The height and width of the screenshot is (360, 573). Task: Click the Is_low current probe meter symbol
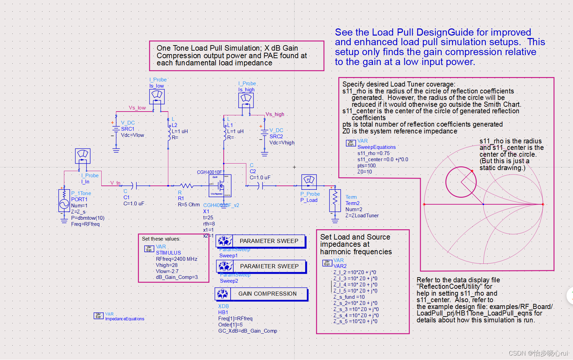tap(157, 97)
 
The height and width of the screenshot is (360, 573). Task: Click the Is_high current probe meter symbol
tap(246, 100)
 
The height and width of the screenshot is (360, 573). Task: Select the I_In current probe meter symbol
tap(83, 156)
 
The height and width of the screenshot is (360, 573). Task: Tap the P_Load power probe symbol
tap(309, 182)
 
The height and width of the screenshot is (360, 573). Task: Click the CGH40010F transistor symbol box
tap(220, 186)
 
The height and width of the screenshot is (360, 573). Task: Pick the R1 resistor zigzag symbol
tap(186, 186)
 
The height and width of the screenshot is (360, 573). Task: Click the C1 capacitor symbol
tap(134, 186)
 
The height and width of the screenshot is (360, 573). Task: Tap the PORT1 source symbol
tap(64, 202)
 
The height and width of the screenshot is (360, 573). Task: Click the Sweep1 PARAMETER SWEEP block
tap(261, 241)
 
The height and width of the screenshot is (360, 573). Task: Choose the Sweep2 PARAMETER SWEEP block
tap(261, 266)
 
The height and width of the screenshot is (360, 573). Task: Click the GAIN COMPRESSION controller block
tap(261, 294)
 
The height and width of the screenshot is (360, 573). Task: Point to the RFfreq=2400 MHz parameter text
tap(177, 259)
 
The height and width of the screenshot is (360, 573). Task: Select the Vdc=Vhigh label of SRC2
tap(282, 143)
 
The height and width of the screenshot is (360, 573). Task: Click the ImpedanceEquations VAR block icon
tap(99, 316)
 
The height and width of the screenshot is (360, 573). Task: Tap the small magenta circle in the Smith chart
tap(461, 182)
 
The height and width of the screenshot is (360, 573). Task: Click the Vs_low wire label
tap(137, 108)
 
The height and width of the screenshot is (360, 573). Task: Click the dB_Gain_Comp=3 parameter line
tap(177, 277)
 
